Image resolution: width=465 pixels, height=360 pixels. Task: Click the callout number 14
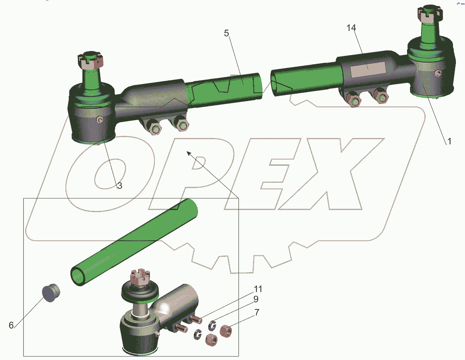pos(351,28)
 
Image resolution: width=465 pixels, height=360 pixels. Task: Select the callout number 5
pos(226,33)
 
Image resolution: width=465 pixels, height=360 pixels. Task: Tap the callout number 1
pos(449,141)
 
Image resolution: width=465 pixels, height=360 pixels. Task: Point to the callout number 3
pos(120,186)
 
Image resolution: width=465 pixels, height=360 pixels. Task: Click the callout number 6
pos(11,325)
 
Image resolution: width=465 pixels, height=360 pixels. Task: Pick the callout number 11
pos(258,289)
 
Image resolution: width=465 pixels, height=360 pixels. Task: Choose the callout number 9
pos(255,299)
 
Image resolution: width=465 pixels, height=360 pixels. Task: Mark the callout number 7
pos(257,312)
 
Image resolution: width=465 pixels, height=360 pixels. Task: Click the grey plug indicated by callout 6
pos(51,293)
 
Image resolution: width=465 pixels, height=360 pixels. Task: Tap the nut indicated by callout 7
pos(226,331)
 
